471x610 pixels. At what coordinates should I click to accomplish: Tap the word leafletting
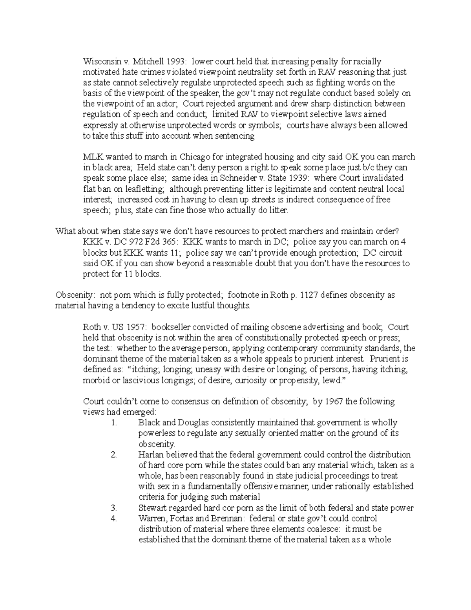click(x=143, y=189)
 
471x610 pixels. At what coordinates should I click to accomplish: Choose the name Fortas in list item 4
click(x=180, y=518)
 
